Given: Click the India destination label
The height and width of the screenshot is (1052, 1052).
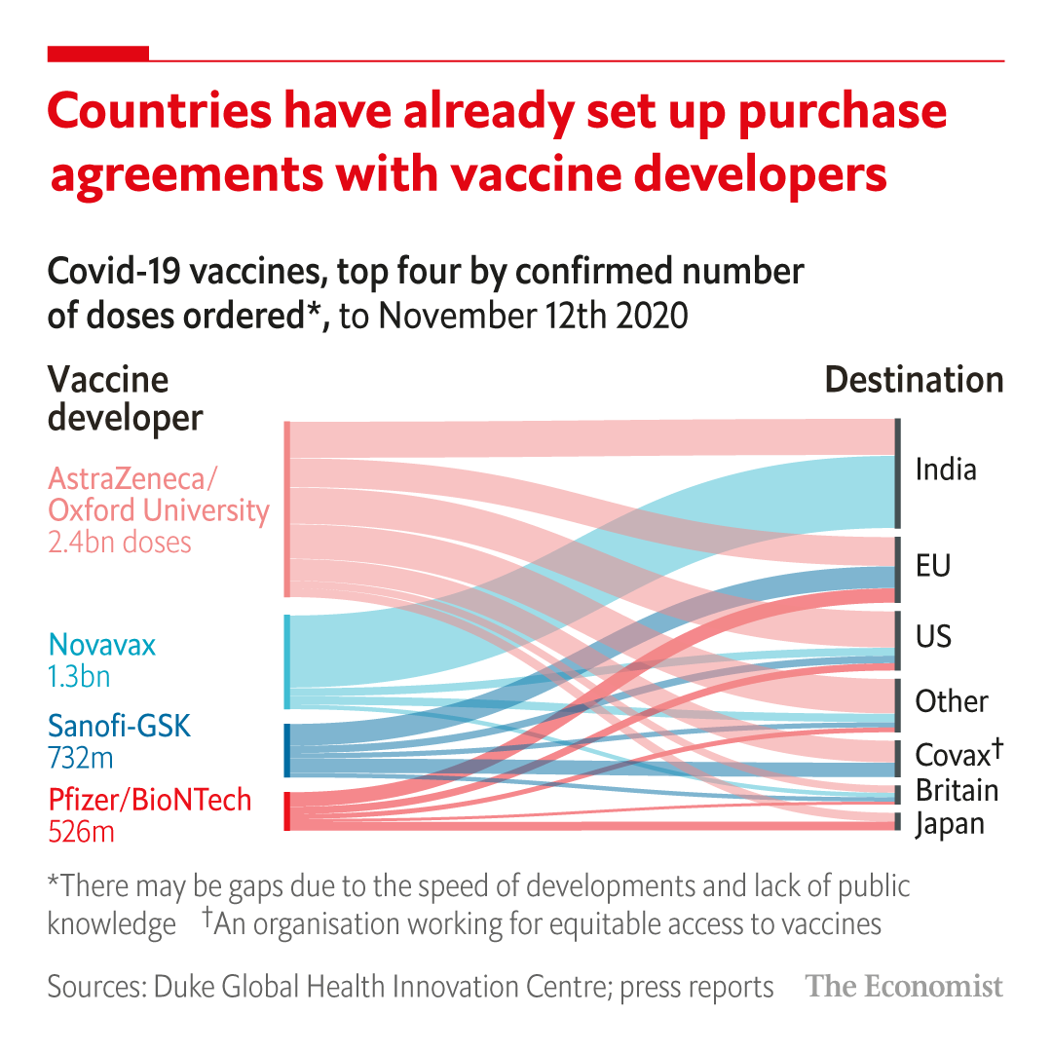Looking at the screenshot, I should click(x=945, y=470).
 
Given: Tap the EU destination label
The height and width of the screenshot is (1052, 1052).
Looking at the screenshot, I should click(x=932, y=566).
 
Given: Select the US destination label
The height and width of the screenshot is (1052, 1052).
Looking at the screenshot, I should click(x=933, y=637).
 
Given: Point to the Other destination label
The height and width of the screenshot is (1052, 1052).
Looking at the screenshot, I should click(x=951, y=701).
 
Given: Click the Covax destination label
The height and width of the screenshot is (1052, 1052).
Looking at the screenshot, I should click(x=958, y=753).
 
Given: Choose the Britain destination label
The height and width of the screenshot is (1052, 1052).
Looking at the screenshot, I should click(x=957, y=790).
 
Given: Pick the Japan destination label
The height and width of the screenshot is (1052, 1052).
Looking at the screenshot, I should click(x=950, y=824).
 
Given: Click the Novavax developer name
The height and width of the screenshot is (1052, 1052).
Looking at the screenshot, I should click(x=101, y=645).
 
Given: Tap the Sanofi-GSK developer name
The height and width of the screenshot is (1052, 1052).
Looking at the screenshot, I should click(x=120, y=726).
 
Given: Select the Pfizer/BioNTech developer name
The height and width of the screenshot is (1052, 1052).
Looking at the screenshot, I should click(x=150, y=801).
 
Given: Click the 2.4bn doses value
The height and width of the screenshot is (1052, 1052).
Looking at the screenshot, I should click(x=119, y=543).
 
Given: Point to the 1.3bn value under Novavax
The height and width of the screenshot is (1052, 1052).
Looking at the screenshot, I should click(x=79, y=676).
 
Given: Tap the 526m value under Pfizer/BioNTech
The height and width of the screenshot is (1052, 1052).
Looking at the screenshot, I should click(x=81, y=832).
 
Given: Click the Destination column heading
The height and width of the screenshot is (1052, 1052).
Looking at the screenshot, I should click(x=914, y=380).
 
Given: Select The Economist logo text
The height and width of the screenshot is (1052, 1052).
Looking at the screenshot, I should click(x=904, y=987).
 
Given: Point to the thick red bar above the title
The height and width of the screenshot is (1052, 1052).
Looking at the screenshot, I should click(x=98, y=54).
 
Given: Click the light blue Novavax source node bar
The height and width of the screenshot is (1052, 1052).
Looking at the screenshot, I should click(x=287, y=661).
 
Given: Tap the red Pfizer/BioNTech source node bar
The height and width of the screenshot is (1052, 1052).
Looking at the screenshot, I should click(x=287, y=811).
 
